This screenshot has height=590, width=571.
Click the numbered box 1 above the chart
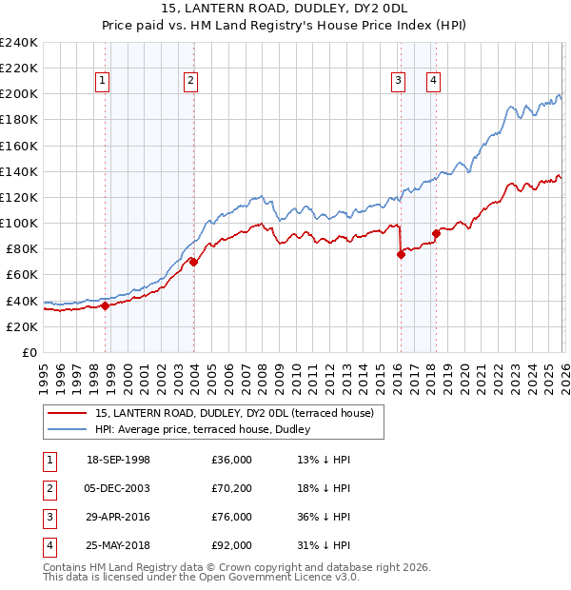point(102,81)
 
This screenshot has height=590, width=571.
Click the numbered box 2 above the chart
point(190,81)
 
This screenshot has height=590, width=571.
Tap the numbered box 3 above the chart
point(398,81)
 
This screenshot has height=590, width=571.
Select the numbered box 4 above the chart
point(433,81)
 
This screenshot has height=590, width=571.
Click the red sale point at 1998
point(105,305)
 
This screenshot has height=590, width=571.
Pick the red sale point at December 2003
point(193,262)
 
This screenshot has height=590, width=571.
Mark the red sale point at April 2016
point(401,254)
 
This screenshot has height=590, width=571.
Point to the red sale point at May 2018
point(436,233)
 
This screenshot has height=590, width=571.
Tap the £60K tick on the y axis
point(21,275)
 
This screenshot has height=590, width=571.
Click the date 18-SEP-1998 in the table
point(118,460)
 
